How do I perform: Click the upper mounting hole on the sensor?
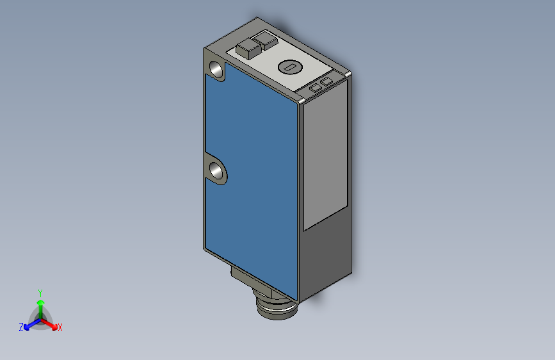(216, 69)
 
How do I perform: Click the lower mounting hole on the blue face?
(216, 171)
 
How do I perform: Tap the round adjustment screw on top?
(290, 67)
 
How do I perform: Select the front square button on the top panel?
(249, 49)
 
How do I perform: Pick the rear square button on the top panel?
(265, 40)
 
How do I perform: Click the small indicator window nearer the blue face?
(315, 88)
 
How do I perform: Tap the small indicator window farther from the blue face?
(326, 82)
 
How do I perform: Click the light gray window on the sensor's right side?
(325, 156)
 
